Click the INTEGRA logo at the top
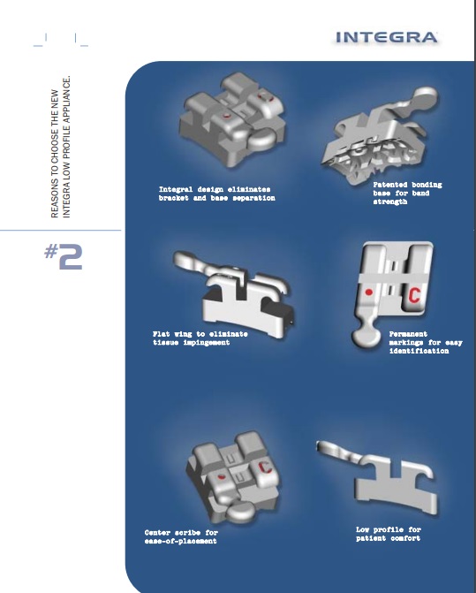387,37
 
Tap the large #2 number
63,256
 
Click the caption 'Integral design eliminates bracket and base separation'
217,194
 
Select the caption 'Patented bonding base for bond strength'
407,194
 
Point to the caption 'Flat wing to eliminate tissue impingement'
200,338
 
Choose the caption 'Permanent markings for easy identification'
426,342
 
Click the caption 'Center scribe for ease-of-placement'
181,536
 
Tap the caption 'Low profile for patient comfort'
389,534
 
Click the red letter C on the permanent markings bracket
414,295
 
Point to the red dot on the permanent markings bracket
369,293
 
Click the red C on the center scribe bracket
266,467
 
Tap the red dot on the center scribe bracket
222,476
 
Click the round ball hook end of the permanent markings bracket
366,337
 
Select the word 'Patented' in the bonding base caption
390,185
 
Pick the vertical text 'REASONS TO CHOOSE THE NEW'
55,154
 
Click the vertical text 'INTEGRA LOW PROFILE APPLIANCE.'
66,147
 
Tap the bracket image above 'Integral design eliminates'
232,119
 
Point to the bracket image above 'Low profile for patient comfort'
377,477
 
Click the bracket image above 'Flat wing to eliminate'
233,293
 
